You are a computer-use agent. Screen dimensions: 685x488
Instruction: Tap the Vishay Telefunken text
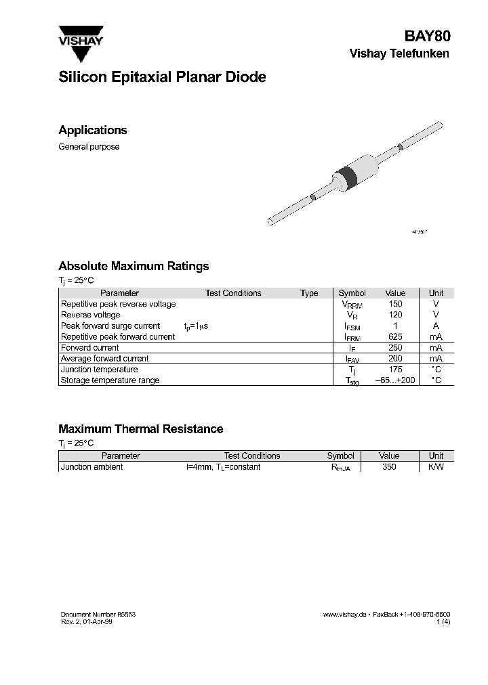coord(399,54)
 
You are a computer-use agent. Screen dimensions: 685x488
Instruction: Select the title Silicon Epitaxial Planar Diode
coord(162,77)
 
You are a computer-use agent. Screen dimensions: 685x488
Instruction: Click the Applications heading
coord(93,131)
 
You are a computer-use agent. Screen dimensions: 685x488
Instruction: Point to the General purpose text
coord(89,147)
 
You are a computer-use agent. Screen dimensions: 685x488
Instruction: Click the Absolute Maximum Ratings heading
coord(134,267)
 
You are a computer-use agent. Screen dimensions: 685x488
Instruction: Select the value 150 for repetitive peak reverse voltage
coord(395,304)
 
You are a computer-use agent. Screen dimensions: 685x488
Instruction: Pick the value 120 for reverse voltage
coord(395,315)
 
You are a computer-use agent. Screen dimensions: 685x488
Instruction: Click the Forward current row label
coord(89,348)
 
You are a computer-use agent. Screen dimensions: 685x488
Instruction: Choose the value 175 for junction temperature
coord(395,370)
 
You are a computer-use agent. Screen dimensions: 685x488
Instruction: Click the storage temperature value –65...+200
coord(395,380)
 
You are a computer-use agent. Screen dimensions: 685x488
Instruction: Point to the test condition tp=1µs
coord(196,326)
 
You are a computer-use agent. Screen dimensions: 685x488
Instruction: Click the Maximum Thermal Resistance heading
coord(140,429)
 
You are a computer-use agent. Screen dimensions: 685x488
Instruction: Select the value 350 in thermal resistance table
coord(389,467)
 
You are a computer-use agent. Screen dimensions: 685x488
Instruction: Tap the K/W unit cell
coord(436,467)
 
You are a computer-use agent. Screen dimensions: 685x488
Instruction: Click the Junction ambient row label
coord(92,467)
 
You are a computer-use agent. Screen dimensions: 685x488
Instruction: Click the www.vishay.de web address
coord(345,614)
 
